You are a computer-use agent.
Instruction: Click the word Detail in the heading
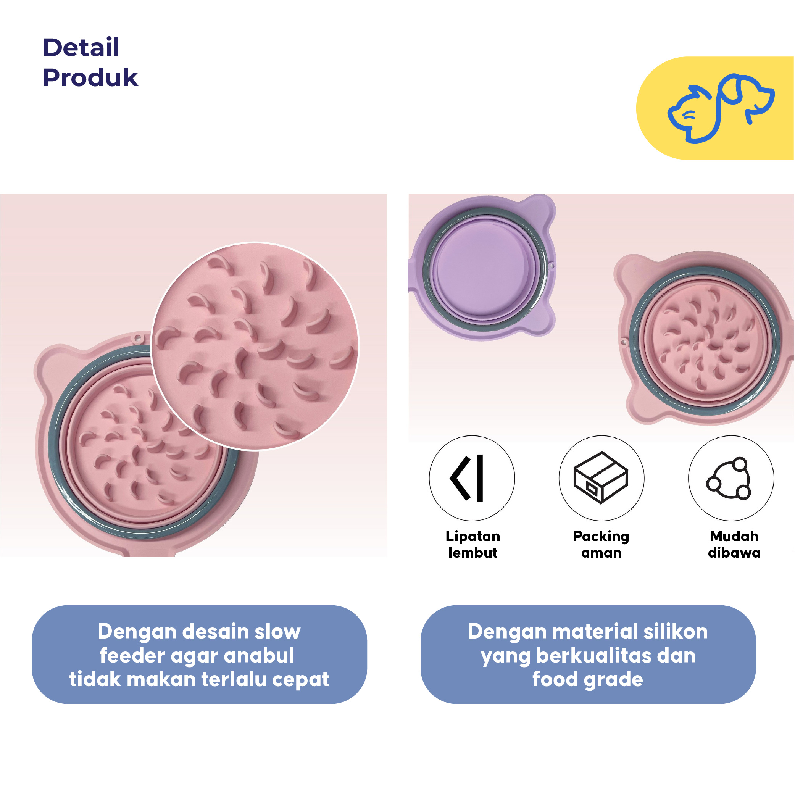tap(81, 47)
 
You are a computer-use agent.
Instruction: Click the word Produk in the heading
tap(90, 78)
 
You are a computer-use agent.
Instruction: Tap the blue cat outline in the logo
tap(691, 115)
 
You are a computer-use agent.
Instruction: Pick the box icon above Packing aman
tap(601, 477)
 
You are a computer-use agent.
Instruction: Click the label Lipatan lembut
tap(473, 544)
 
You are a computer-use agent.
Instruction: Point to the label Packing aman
tap(601, 544)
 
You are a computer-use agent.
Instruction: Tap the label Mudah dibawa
tap(734, 544)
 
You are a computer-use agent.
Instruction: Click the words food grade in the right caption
tap(588, 679)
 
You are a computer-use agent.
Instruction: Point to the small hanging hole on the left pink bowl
tap(138, 339)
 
